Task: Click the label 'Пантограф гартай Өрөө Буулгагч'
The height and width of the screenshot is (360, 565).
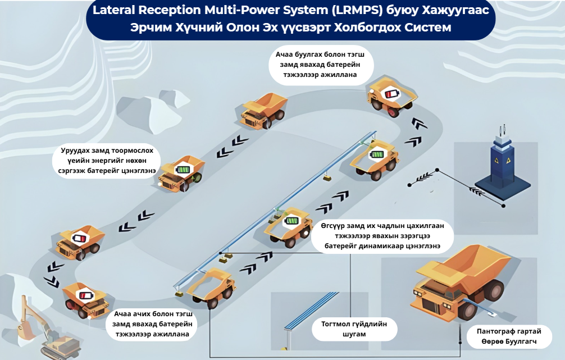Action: click(x=509, y=336)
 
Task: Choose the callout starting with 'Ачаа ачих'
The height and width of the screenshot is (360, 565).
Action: click(x=153, y=324)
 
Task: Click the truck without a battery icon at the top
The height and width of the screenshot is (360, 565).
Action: click(x=264, y=111)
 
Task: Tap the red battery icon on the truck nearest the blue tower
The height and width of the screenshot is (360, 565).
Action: click(x=390, y=93)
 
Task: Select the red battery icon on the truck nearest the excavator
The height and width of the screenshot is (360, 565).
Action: click(x=84, y=295)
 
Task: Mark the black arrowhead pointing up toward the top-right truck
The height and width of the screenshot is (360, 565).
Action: click(x=417, y=123)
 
